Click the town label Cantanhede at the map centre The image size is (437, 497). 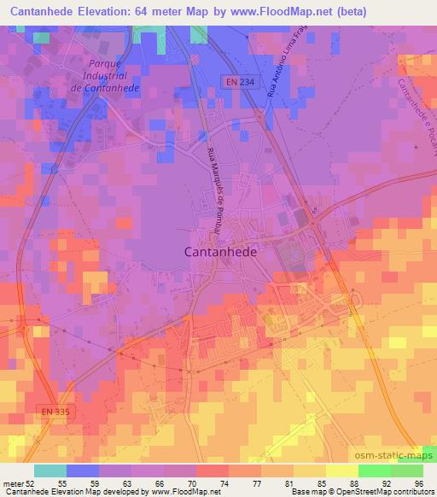pos(220,253)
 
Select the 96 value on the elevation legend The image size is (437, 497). pos(420,483)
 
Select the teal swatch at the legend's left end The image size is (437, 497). pos(50,471)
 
